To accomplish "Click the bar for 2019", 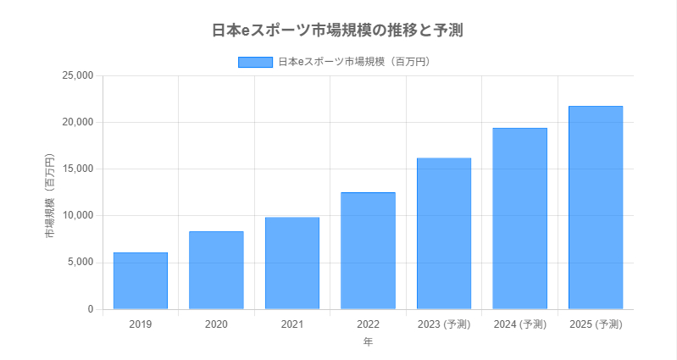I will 141,280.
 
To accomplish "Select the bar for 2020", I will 216,270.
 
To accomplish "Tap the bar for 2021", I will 292,263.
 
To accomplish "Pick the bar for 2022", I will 368,251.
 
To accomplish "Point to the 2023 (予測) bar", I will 444,233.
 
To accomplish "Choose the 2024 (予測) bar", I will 519,219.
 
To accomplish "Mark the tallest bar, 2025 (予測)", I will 596,208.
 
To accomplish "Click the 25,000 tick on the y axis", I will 78,75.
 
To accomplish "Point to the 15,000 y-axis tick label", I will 78,169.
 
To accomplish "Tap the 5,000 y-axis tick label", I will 80,263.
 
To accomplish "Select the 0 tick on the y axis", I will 90,309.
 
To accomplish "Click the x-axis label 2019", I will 141,324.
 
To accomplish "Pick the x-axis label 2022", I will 368,324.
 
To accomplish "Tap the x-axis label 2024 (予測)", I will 519,324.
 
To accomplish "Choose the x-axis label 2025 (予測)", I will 596,324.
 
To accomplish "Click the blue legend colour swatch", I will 255,62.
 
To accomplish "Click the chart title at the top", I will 338,30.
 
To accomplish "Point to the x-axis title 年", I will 368,343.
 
